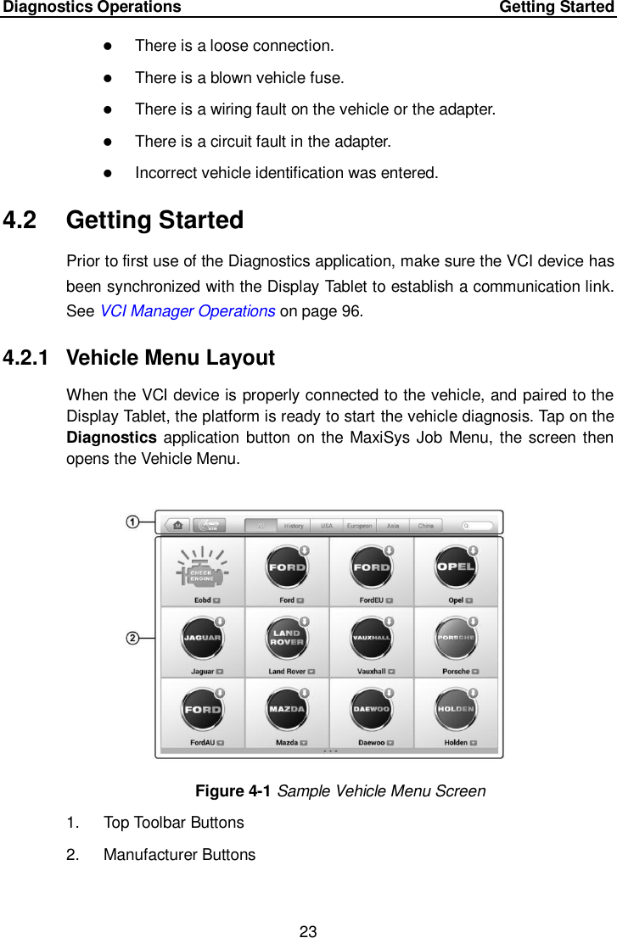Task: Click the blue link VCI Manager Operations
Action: (x=187, y=310)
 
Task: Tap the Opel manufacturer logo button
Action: (x=456, y=567)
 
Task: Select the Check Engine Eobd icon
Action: (x=201, y=571)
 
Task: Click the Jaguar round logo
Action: (x=202, y=639)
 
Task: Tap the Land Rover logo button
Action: (x=287, y=639)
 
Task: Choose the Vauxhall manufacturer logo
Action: (x=372, y=639)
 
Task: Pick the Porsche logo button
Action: (x=456, y=639)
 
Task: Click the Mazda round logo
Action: (x=287, y=709)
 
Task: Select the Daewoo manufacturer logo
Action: (x=372, y=709)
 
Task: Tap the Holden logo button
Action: (x=456, y=709)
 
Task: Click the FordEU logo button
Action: (x=372, y=567)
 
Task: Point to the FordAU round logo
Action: (x=202, y=709)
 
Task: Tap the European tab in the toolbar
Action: (x=359, y=526)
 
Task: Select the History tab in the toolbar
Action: (x=294, y=526)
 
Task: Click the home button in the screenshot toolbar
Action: (x=177, y=526)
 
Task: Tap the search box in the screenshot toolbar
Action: (x=478, y=526)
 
